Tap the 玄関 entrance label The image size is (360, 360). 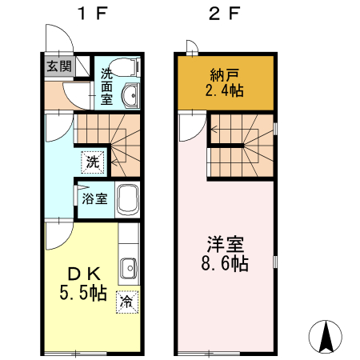[x=56, y=66]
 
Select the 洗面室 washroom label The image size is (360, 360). [x=106, y=86]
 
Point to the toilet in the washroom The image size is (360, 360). [x=126, y=68]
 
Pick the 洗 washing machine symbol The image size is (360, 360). [x=94, y=162]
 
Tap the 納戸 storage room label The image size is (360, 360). [x=225, y=76]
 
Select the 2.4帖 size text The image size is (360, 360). [x=225, y=91]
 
